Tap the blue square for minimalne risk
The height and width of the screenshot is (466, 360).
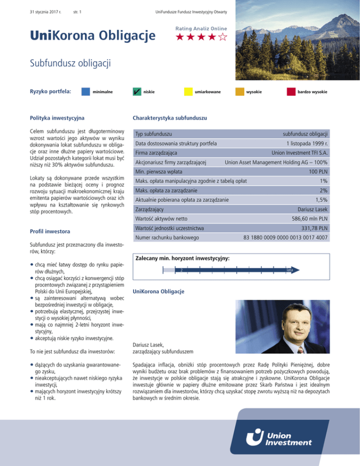[86, 92]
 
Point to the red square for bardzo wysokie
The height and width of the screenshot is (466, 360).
[291, 92]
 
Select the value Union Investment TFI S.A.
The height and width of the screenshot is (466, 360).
[300, 153]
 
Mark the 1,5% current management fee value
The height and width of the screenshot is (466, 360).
[321, 200]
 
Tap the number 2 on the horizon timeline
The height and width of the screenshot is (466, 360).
[181, 270]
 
